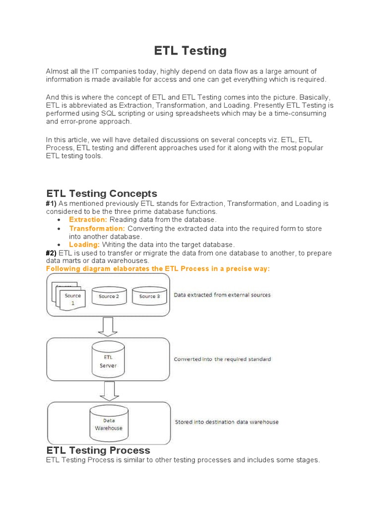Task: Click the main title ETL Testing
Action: tap(190, 51)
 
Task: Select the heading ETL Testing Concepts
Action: tap(101, 193)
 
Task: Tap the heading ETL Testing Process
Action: tap(98, 450)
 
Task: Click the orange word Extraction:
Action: tap(88, 219)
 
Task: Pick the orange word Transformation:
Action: tap(97, 228)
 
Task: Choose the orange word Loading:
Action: tap(84, 245)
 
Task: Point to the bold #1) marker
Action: tap(52, 203)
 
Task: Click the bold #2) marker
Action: tap(52, 253)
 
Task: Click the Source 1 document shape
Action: tap(72, 299)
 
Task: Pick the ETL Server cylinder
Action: tap(108, 360)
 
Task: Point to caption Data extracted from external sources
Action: tap(222, 295)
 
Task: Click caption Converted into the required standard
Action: tap(222, 359)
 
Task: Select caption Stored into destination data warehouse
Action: tap(227, 422)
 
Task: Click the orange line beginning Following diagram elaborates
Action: tap(158, 268)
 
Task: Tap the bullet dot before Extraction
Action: tap(59, 220)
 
